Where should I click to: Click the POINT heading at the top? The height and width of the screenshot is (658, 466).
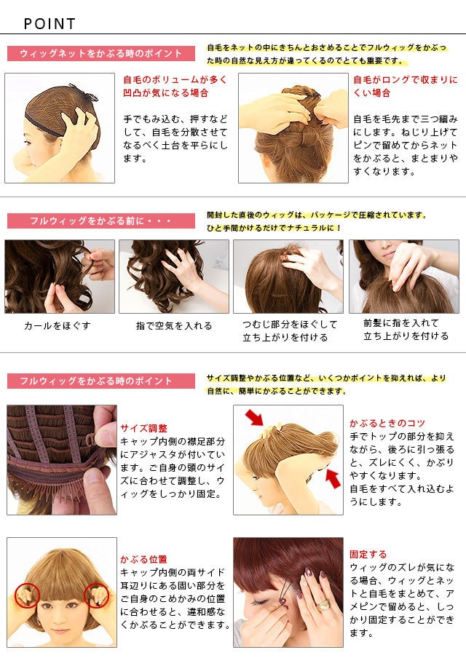[50, 24]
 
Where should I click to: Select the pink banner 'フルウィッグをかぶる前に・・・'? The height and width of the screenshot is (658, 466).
[101, 221]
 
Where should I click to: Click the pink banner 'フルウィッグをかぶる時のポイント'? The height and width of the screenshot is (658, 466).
[101, 381]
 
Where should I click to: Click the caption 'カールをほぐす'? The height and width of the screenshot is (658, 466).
[58, 325]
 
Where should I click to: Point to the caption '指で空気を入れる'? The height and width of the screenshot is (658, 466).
[174, 325]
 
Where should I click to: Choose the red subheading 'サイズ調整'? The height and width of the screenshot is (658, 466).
[143, 428]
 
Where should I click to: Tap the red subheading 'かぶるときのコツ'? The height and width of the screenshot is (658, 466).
[387, 423]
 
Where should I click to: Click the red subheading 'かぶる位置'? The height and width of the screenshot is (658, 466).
[143, 559]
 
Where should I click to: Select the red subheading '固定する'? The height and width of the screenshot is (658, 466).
[368, 554]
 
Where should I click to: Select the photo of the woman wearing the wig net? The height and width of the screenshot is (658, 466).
[60, 127]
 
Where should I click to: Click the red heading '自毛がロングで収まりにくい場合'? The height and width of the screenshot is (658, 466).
[406, 87]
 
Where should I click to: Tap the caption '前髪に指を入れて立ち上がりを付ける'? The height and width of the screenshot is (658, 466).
[406, 330]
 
